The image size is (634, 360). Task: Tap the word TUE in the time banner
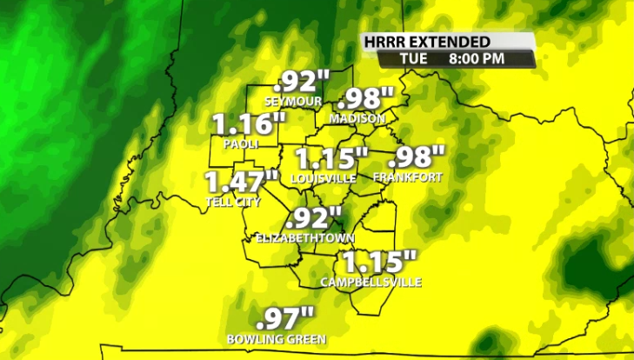point(414,58)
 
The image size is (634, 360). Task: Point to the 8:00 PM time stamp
point(477,58)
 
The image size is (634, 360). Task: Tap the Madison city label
point(357,118)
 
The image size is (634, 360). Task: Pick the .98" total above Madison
point(366,99)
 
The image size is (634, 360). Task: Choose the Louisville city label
point(324,177)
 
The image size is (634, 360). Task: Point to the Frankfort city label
point(407,177)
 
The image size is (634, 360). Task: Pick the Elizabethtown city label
point(305,237)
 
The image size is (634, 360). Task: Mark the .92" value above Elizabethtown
point(314,217)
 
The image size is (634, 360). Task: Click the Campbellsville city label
point(370,282)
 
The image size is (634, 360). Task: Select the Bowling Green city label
point(276,338)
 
